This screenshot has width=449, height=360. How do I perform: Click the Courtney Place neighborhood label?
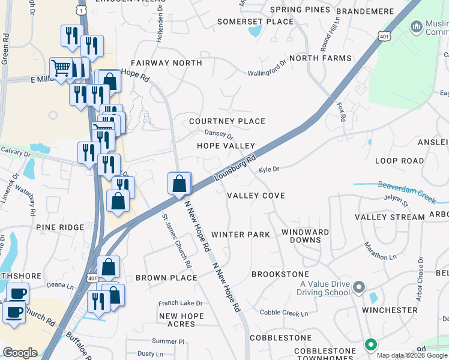coord(227,121)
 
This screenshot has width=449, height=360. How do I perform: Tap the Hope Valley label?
coord(226,146)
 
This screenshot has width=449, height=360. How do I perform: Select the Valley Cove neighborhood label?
coord(256,196)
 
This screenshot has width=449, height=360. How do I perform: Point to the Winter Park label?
coord(241,235)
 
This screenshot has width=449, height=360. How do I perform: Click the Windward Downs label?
coord(305,236)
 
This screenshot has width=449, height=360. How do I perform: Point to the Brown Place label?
coord(166,278)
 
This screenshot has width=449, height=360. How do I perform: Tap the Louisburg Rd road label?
coord(235,168)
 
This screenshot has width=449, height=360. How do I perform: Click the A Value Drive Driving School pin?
coord(359,287)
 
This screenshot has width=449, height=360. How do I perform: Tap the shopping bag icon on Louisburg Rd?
coord(179,184)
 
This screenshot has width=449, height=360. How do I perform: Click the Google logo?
coord(20,353)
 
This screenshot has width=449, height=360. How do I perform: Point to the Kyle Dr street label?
coord(269,170)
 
